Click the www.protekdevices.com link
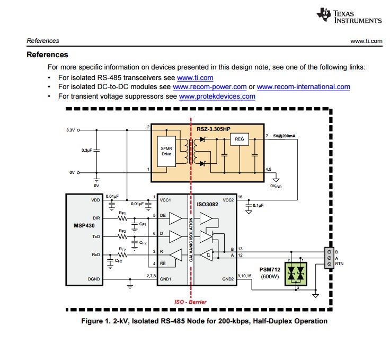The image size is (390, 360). pyautogui.click(x=217, y=96)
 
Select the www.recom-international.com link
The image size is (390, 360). pyautogui.click(x=303, y=86)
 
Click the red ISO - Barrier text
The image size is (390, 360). pyautogui.click(x=191, y=302)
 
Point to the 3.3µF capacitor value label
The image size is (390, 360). pyautogui.click(x=86, y=151)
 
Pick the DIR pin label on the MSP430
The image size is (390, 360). pyautogui.click(x=96, y=218)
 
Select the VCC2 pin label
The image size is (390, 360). pyautogui.click(x=228, y=200)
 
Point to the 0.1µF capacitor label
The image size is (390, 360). pyautogui.click(x=259, y=205)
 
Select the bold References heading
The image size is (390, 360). pyautogui.click(x=47, y=55)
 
